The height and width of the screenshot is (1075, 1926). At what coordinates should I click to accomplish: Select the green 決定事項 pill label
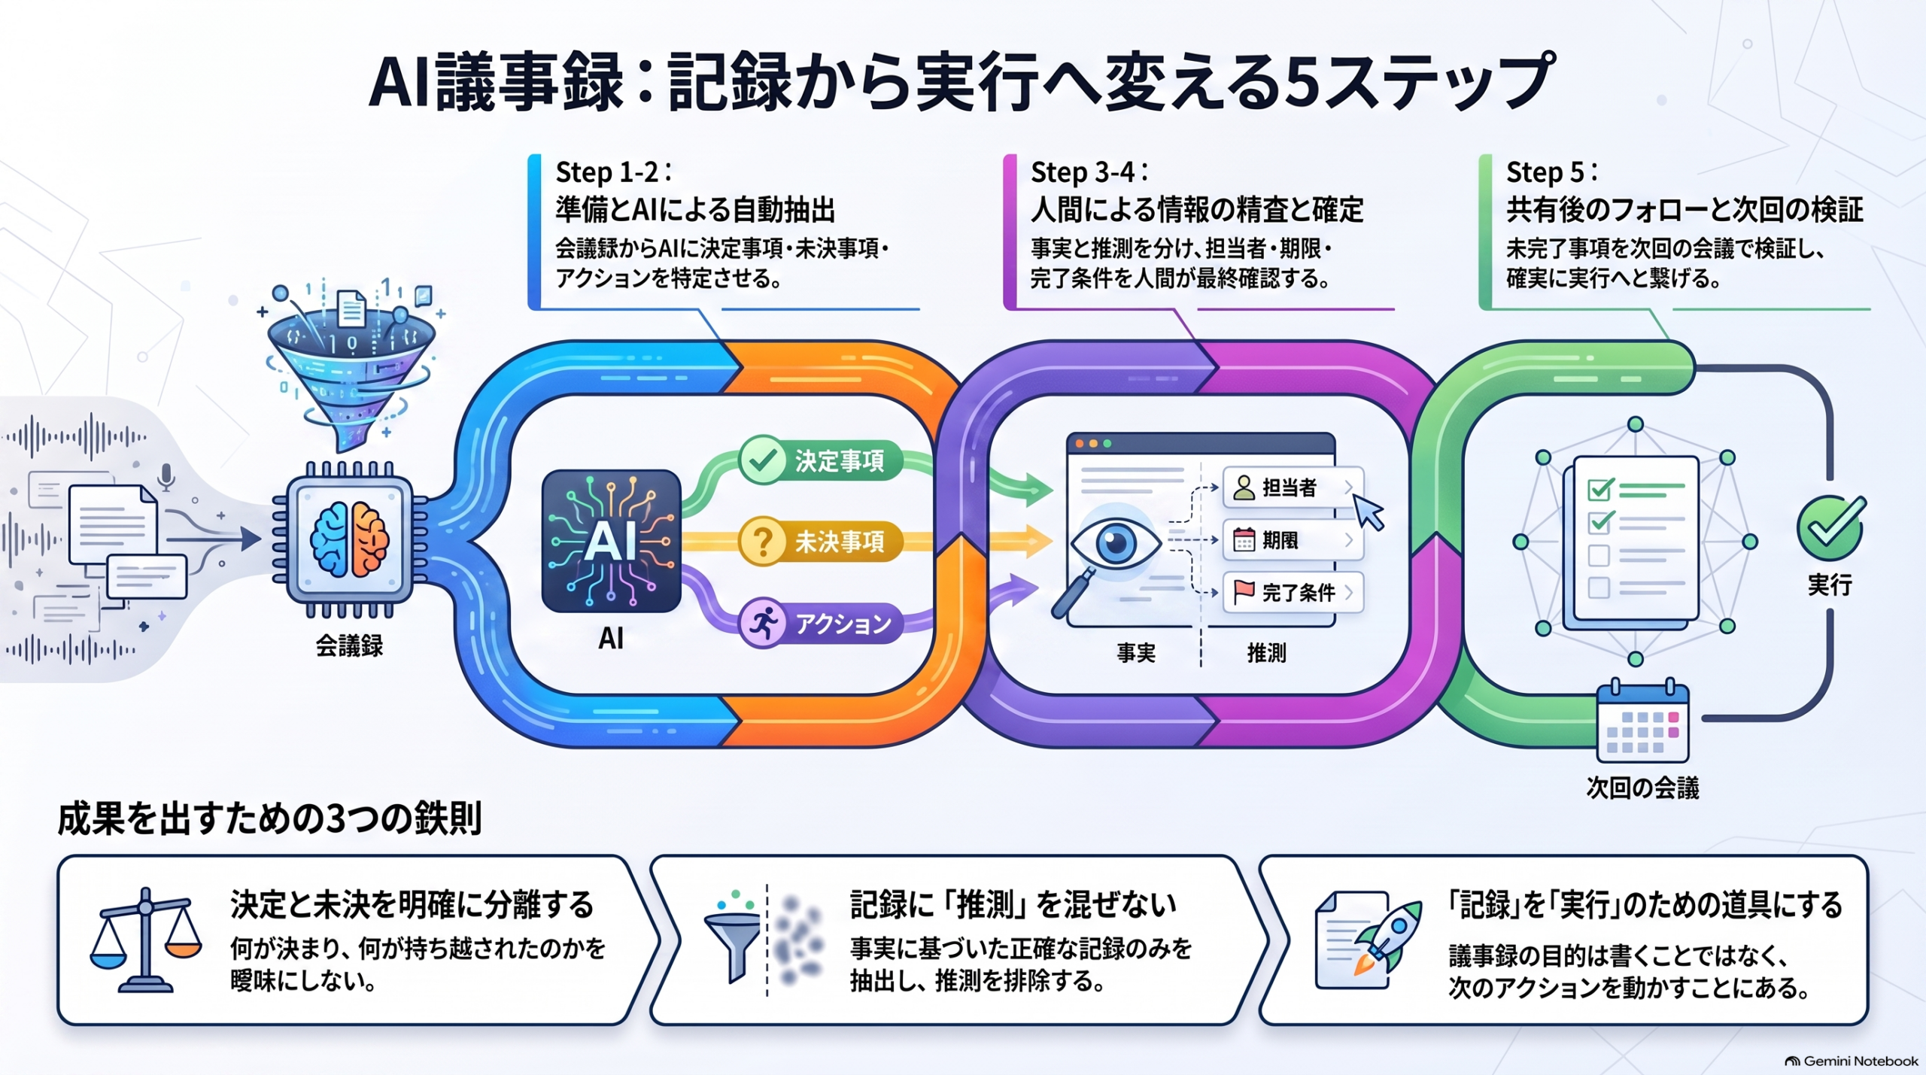pos(821,460)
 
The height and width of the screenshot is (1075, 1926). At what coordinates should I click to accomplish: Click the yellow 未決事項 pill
pos(821,542)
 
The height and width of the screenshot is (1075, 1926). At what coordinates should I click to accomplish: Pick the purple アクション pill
pos(821,624)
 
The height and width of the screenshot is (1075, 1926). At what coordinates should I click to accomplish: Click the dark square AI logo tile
pos(611,541)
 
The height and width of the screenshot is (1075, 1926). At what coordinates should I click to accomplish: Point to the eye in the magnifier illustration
pos(1116,542)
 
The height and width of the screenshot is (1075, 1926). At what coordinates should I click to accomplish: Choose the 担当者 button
pos(1293,487)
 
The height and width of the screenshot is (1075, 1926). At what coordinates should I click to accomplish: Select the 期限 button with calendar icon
pos(1293,540)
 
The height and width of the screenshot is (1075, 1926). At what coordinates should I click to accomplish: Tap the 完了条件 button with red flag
pos(1293,593)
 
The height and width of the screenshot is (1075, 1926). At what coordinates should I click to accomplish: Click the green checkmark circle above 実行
pos(1830,527)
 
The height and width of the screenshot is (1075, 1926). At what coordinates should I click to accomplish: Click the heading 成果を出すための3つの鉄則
pos(269,818)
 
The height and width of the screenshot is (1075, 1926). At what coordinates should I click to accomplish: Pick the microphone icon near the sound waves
pos(166,477)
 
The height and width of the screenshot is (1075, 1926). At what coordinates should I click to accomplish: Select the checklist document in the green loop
pos(1633,543)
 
